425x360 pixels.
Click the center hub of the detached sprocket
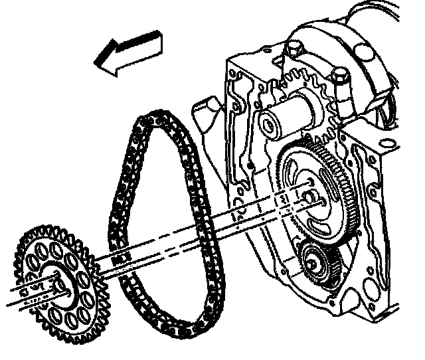(x=56, y=282)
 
